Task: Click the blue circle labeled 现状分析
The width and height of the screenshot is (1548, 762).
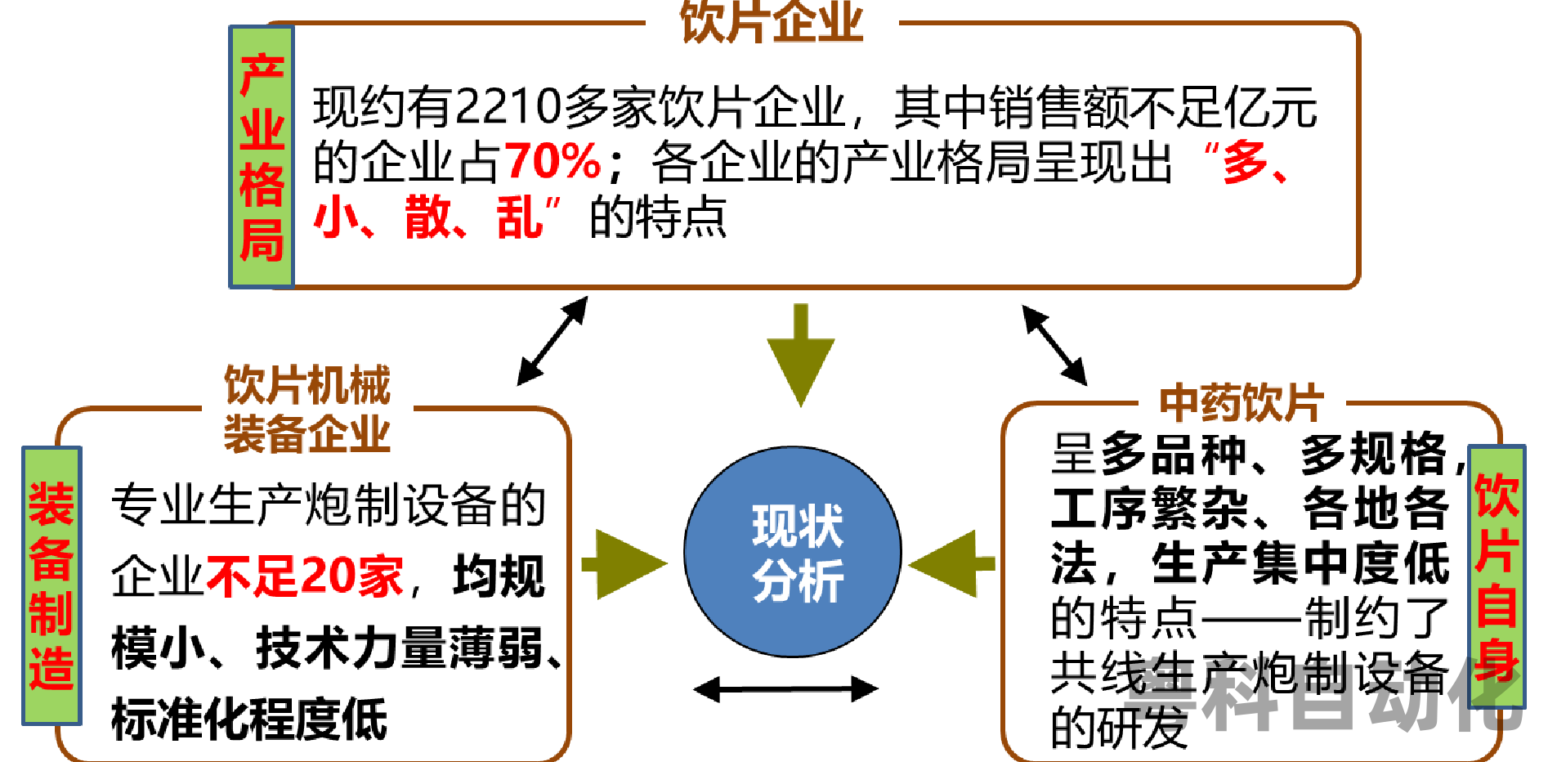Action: click(793, 551)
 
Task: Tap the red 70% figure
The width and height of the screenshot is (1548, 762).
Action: click(553, 160)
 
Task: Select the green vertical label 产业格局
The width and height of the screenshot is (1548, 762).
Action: click(262, 157)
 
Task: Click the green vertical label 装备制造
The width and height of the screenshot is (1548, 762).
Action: click(51, 585)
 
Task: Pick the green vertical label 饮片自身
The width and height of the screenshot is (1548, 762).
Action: click(1497, 576)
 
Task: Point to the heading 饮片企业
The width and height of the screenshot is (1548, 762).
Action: click(772, 23)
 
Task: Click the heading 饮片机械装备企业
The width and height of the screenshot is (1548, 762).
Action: click(307, 409)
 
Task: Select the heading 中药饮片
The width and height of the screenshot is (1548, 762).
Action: click(1242, 402)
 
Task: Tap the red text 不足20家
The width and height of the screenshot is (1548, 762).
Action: click(305, 576)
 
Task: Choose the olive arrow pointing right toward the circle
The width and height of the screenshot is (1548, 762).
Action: click(624, 564)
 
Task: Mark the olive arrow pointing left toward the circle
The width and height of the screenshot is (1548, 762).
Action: click(951, 563)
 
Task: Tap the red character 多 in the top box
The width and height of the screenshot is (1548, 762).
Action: click(1245, 162)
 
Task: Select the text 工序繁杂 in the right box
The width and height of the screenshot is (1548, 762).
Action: click(1149, 509)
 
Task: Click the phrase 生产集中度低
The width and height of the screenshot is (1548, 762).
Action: click(1300, 564)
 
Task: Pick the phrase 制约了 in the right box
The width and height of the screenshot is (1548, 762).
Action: click(1376, 618)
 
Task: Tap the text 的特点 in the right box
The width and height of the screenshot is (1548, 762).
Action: click(1124, 618)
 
